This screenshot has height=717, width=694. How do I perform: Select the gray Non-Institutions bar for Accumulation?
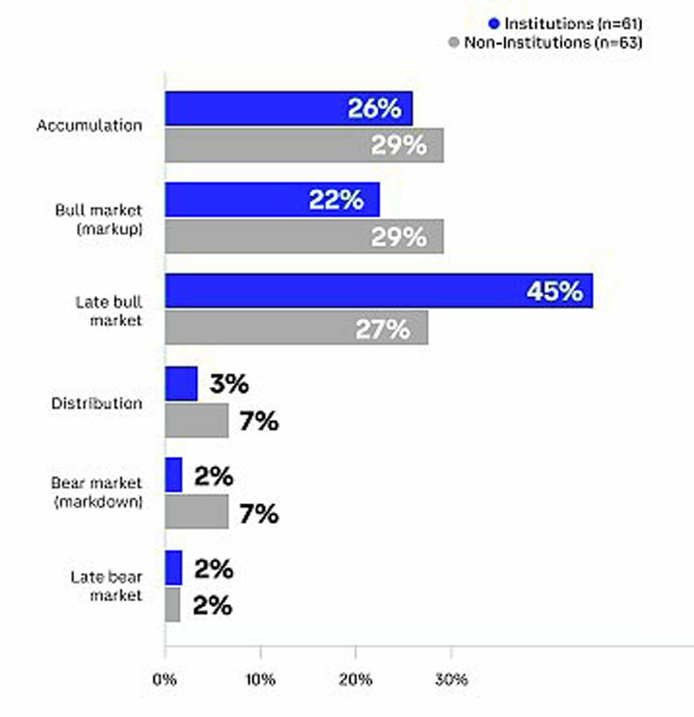(x=304, y=145)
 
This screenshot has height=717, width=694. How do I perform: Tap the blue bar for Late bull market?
(x=378, y=291)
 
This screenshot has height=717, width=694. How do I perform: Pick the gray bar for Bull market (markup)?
(x=304, y=236)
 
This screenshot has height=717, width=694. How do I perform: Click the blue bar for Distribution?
(x=181, y=384)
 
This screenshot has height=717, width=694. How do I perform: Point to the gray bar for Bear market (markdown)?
(x=197, y=512)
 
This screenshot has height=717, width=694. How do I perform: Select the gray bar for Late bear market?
(x=173, y=604)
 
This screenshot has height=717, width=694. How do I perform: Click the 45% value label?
(x=554, y=291)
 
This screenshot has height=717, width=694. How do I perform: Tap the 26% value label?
(x=374, y=108)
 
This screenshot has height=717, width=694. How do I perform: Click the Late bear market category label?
(x=106, y=587)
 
